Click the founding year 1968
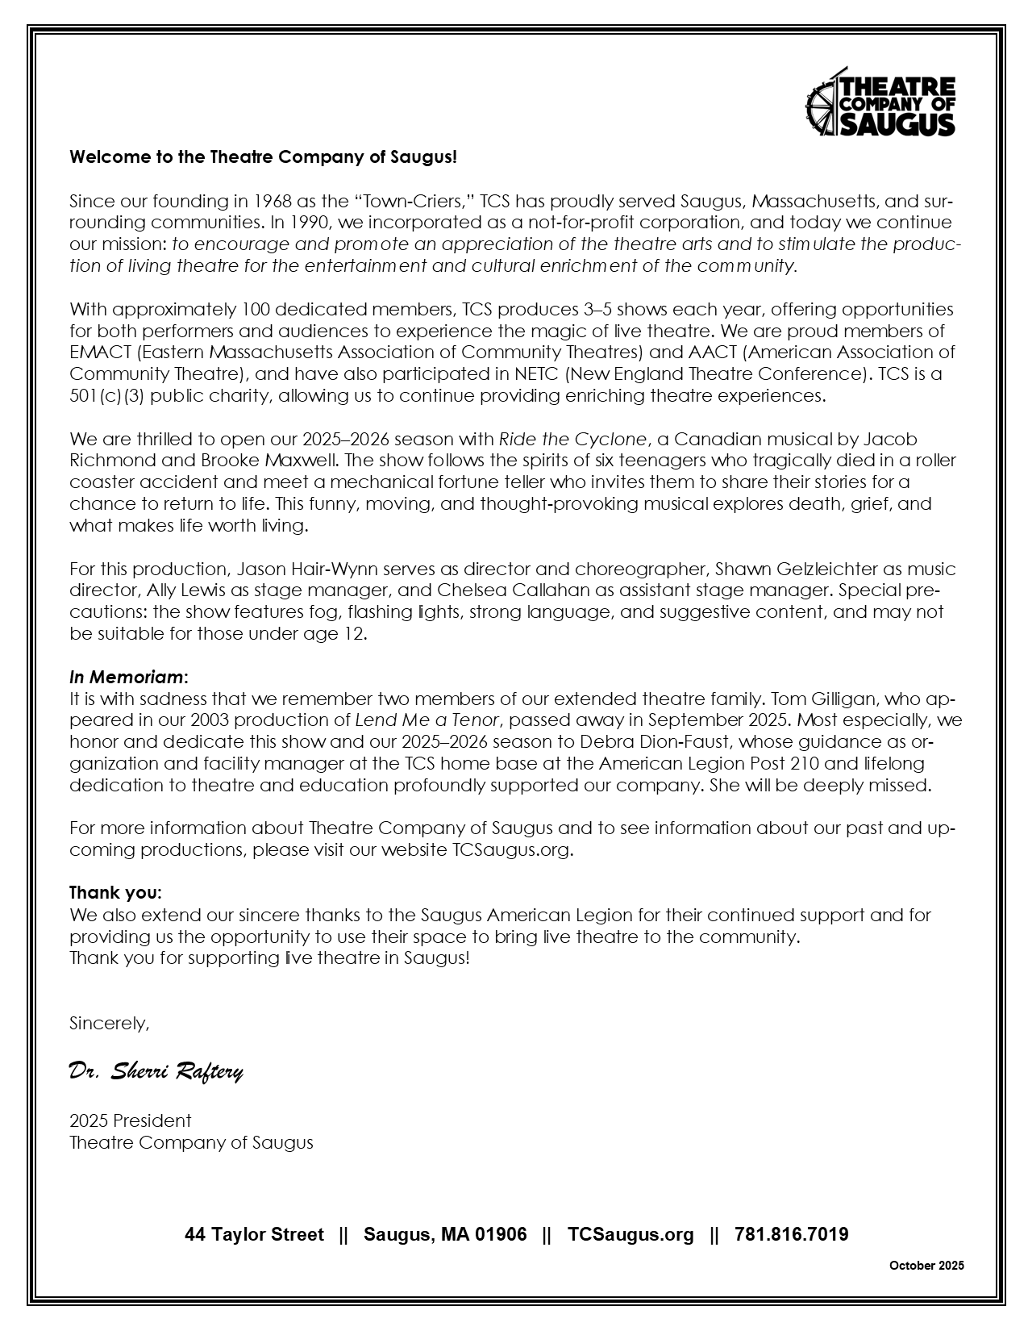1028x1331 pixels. pos(273,200)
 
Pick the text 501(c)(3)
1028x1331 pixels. pos(108,395)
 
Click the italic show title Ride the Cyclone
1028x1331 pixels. pos(572,439)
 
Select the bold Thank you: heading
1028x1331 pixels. pos(115,893)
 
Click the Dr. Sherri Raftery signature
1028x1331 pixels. pos(156,1070)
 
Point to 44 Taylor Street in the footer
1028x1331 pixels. pos(254,1234)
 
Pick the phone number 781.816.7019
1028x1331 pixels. pos(791,1234)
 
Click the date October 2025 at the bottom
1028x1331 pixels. pos(926,1266)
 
